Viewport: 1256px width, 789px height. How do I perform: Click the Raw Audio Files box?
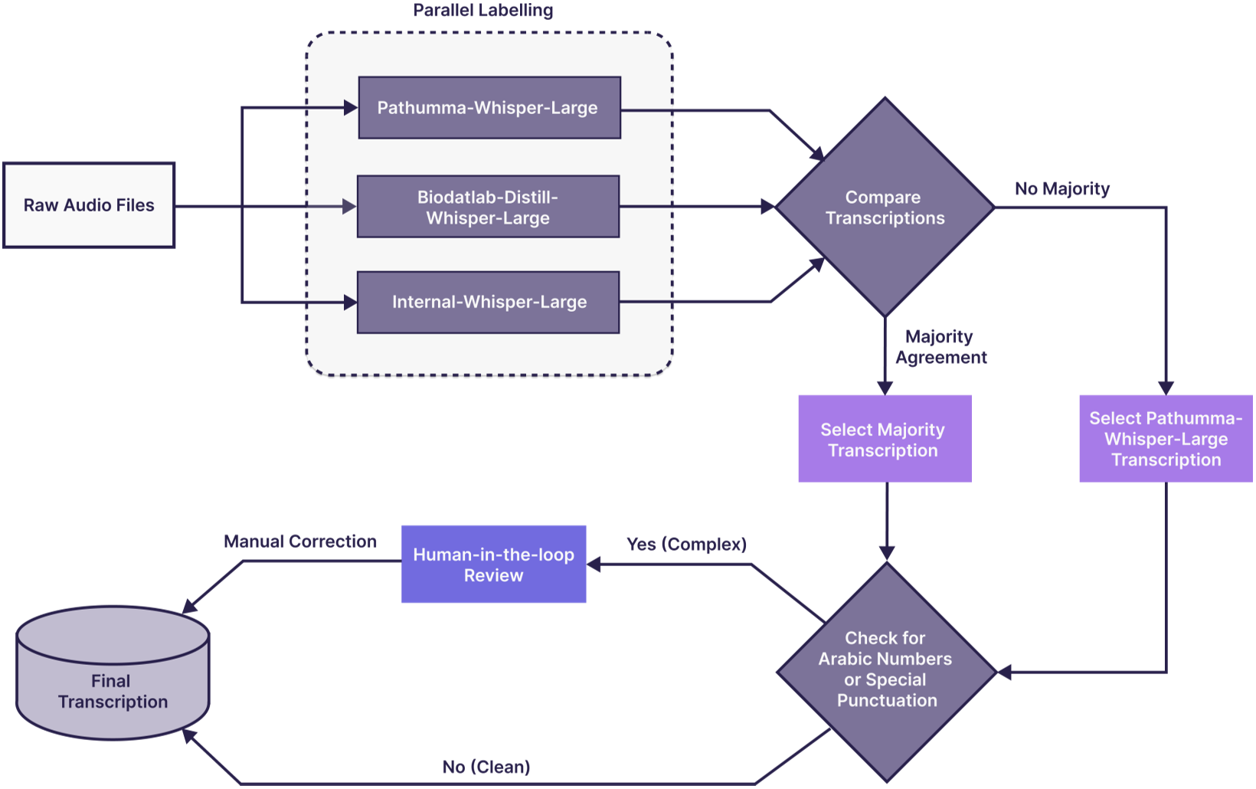[89, 205]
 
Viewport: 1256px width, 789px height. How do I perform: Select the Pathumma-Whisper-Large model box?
[489, 108]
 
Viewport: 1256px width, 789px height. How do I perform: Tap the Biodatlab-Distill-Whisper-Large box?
[488, 207]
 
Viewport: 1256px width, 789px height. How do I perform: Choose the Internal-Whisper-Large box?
[488, 303]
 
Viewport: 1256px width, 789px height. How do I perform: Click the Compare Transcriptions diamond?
[885, 208]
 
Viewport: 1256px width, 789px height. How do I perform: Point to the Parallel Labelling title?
[482, 11]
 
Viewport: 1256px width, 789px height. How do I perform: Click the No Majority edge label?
[1061, 189]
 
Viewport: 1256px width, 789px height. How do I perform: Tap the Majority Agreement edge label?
[940, 347]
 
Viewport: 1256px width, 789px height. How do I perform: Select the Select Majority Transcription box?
[885, 439]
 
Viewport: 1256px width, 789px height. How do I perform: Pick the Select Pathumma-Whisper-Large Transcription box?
[1165, 439]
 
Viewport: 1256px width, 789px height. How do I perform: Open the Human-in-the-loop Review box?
[493, 565]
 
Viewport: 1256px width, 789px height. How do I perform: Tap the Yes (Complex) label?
[686, 545]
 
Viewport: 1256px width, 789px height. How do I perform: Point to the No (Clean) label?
[486, 767]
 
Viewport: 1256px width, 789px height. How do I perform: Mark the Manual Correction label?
[300, 542]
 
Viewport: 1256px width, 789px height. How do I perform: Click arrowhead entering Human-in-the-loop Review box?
[594, 565]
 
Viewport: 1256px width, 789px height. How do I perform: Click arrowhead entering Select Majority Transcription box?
[885, 388]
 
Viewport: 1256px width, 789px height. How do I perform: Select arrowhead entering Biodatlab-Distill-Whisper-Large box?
[350, 207]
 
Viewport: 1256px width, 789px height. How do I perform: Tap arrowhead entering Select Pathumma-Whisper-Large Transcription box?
[1166, 388]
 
